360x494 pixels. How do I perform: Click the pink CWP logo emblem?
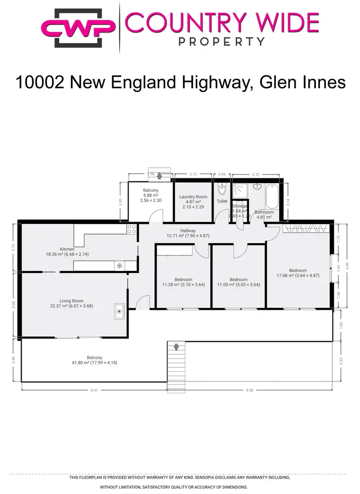click(79, 27)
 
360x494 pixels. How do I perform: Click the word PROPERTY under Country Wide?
click(221, 41)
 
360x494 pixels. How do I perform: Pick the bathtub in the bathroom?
click(271, 196)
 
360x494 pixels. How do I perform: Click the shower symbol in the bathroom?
click(240, 190)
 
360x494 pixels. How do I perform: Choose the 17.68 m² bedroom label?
click(298, 273)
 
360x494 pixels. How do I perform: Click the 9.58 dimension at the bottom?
click(249, 390)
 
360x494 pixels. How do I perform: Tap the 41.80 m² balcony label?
click(95, 360)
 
